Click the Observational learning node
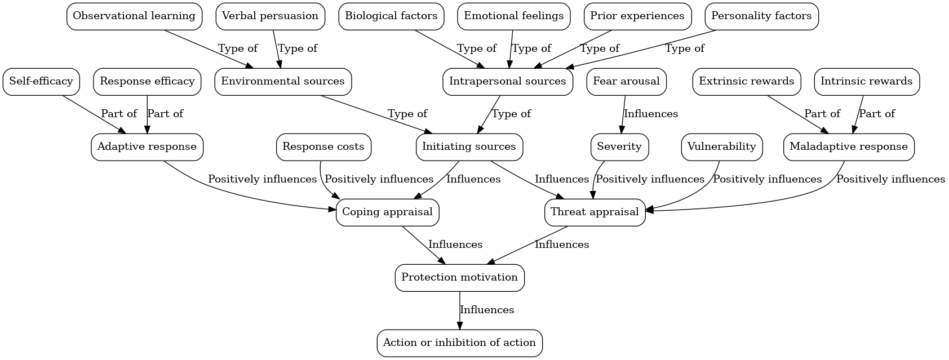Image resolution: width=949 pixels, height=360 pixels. tap(134, 16)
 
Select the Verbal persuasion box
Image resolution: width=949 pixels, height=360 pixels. tap(270, 16)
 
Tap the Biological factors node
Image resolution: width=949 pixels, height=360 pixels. tap(391, 16)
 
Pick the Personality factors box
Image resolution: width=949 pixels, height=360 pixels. tap(761, 16)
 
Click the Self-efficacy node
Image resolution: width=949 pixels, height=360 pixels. tap(41, 82)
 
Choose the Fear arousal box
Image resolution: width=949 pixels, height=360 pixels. tap(626, 82)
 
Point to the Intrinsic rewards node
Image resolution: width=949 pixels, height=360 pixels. tap(866, 82)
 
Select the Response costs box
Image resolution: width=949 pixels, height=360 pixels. tap(323, 147)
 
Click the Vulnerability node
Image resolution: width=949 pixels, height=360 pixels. tap(721, 147)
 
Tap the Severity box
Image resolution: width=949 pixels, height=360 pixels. tap(619, 147)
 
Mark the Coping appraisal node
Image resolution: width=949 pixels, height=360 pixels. tap(387, 212)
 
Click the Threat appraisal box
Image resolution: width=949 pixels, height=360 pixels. tap(595, 212)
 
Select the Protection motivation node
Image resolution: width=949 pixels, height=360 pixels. tap(459, 278)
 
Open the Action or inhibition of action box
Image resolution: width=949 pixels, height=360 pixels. tap(459, 343)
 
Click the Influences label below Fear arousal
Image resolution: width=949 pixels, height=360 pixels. tap(651, 114)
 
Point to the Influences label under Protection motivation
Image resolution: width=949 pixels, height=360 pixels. tap(487, 310)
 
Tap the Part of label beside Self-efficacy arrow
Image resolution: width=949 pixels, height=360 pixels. tap(119, 114)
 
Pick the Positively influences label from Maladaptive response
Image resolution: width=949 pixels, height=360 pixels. tap(890, 180)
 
